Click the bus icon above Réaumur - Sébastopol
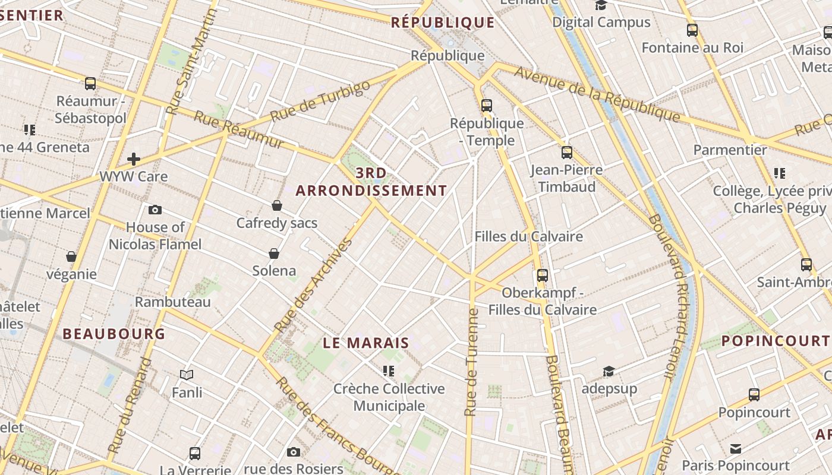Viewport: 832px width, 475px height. (90, 84)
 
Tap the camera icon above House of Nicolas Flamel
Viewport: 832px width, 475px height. (155, 210)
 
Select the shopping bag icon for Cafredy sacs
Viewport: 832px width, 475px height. (277, 205)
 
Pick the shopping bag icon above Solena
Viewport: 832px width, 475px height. (274, 254)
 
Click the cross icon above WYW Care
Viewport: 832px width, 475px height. (134, 159)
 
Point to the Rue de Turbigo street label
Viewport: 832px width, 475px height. (320, 101)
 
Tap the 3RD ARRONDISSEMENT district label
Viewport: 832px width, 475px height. (371, 182)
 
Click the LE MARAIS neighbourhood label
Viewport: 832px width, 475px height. (366, 343)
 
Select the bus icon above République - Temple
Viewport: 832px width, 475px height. (487, 106)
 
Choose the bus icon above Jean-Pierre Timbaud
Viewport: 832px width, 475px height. (566, 153)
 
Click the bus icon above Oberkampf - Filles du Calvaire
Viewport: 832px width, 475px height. (542, 275)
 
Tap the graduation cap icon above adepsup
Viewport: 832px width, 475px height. (609, 372)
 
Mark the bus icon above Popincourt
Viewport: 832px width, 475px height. (754, 394)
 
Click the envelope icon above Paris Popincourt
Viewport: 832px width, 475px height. (736, 448)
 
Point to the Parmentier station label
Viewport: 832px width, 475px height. (730, 150)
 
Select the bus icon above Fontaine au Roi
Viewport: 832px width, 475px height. (692, 30)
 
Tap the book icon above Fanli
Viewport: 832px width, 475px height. (187, 375)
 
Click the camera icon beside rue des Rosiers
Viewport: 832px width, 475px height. (293, 452)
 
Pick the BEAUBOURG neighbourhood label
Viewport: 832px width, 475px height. (114, 334)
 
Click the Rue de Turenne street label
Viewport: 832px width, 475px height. (472, 362)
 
